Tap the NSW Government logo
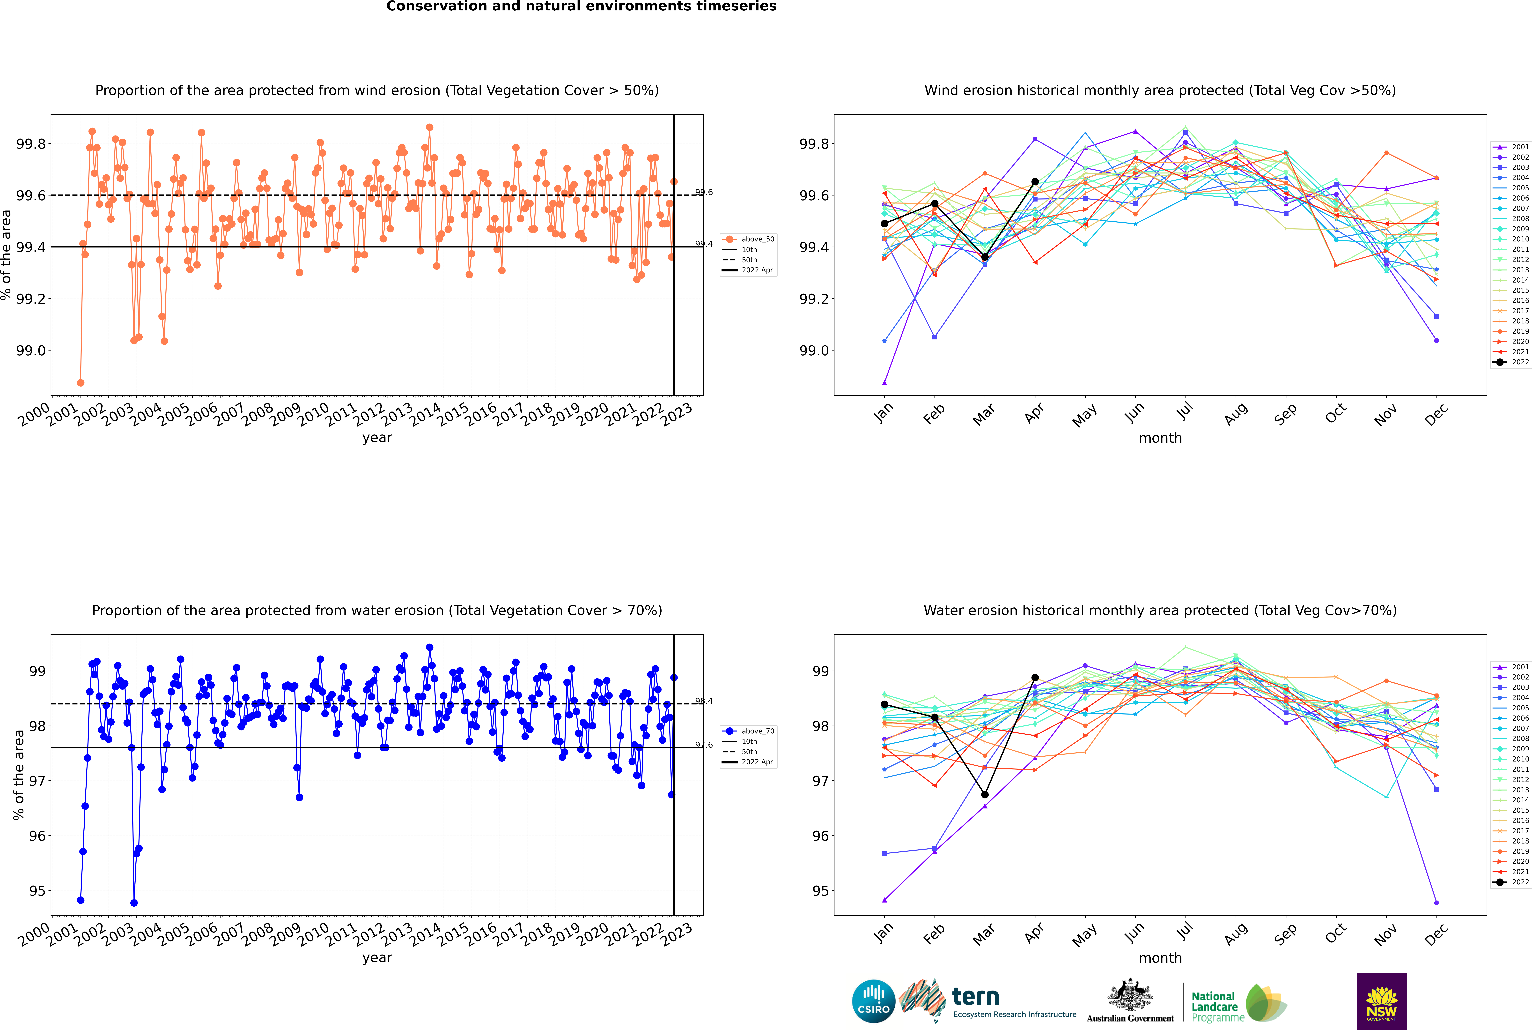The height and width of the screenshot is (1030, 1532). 1382,1001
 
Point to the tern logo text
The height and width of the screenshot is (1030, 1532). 976,997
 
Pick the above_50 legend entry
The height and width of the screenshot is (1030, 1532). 749,239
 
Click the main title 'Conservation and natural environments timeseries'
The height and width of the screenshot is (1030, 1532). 581,7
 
